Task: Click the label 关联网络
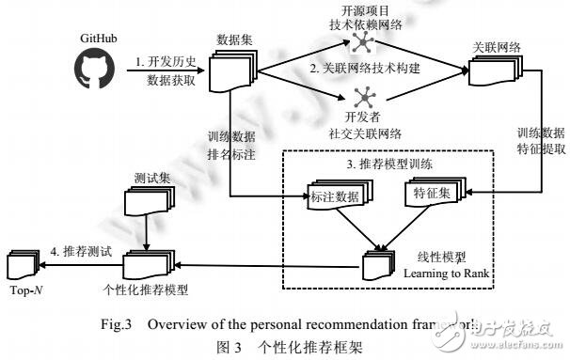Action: click(492, 46)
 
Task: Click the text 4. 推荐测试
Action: click(82, 250)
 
